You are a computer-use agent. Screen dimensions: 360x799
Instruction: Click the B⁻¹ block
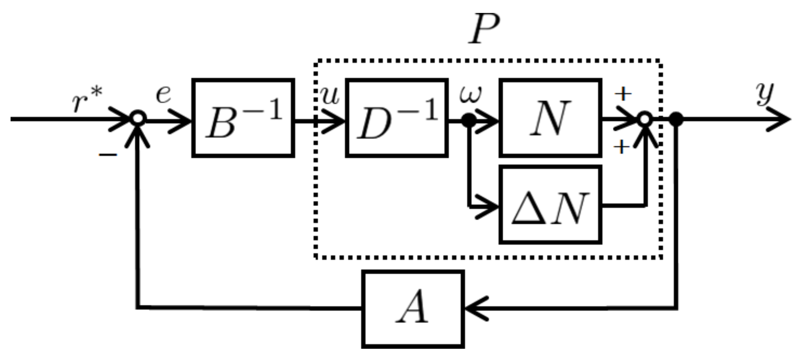243,118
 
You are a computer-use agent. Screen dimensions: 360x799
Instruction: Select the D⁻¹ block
397,118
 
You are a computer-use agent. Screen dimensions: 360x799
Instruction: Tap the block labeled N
550,118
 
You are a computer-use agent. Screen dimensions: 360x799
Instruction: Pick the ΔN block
550,205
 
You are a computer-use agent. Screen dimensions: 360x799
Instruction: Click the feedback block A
413,309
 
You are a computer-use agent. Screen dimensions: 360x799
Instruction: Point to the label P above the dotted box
484,29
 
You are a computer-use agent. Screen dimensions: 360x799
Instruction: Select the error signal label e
163,94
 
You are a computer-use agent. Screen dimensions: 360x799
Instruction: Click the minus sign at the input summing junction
108,155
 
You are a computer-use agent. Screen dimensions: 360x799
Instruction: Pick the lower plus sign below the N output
621,147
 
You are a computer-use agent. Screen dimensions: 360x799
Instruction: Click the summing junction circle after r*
138,119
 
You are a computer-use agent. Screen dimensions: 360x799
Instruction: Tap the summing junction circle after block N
644,119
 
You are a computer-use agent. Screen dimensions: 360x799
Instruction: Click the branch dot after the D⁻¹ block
469,120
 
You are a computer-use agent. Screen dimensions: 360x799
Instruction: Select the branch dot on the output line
676,119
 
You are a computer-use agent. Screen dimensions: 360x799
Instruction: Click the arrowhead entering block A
475,309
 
